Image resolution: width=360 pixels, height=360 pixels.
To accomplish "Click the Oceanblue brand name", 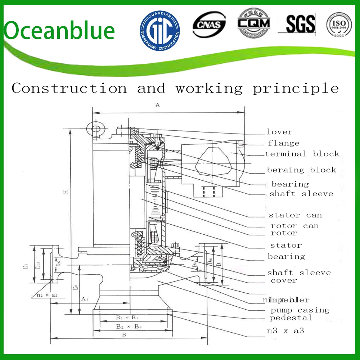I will coord(59,30).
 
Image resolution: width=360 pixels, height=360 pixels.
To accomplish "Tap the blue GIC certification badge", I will coord(160,30).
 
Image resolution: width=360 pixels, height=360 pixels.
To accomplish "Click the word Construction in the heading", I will coord(69,88).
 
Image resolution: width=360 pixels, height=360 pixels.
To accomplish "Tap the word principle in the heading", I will coord(296,88).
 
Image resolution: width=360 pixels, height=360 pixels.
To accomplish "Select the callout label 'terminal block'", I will coord(302,154).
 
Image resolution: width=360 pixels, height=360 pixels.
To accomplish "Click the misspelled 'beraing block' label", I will coord(301,170).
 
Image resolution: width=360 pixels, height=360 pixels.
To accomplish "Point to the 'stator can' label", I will coord(295,215).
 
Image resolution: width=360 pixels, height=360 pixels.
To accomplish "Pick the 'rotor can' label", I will coord(294,226).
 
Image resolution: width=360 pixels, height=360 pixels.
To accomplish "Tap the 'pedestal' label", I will coord(291,318).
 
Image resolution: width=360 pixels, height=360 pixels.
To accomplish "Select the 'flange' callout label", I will coord(283,143).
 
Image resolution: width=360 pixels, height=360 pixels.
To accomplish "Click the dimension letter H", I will coord(66,192).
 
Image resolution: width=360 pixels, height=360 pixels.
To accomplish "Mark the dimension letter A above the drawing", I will coord(157,105).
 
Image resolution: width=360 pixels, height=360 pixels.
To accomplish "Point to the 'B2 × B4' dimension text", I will coord(129,327).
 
